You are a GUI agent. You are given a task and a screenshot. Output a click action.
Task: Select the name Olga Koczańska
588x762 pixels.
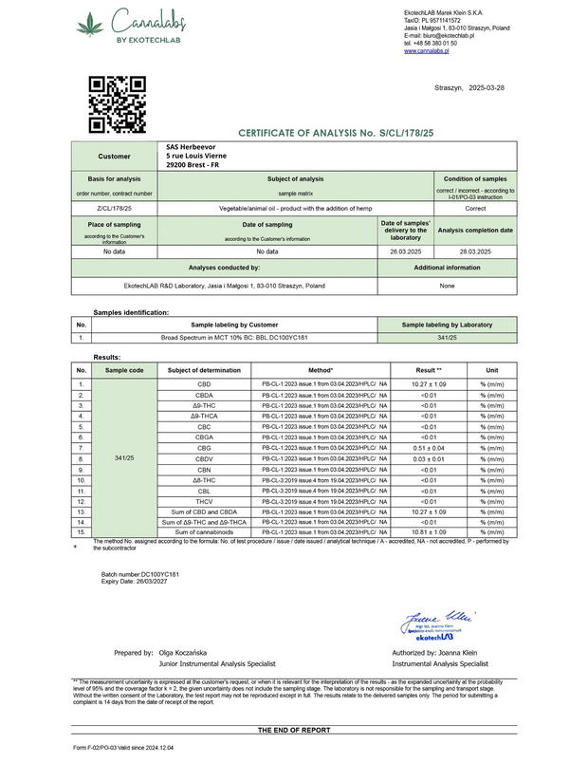tap(189, 653)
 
